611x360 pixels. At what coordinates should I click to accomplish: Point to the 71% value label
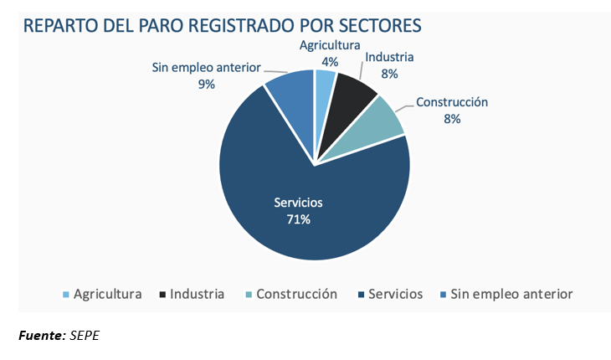tap(299, 219)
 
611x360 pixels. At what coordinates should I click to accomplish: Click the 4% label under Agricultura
tap(330, 61)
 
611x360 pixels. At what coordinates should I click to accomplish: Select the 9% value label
tap(207, 84)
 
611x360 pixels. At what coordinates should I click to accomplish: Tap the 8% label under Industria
tap(388, 74)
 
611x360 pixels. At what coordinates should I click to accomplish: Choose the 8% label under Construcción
tap(452, 119)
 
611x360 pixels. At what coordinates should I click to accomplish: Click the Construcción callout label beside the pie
tap(452, 103)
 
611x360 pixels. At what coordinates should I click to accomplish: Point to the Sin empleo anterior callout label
tap(207, 68)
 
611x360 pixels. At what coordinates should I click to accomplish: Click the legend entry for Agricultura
tap(107, 294)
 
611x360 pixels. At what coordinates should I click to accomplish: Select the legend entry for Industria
tap(197, 294)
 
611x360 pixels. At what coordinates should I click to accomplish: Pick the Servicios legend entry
tap(393, 294)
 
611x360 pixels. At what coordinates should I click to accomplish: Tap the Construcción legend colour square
tap(249, 295)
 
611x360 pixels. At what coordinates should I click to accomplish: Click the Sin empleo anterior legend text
tap(511, 294)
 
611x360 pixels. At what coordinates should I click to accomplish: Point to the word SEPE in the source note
tap(85, 336)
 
